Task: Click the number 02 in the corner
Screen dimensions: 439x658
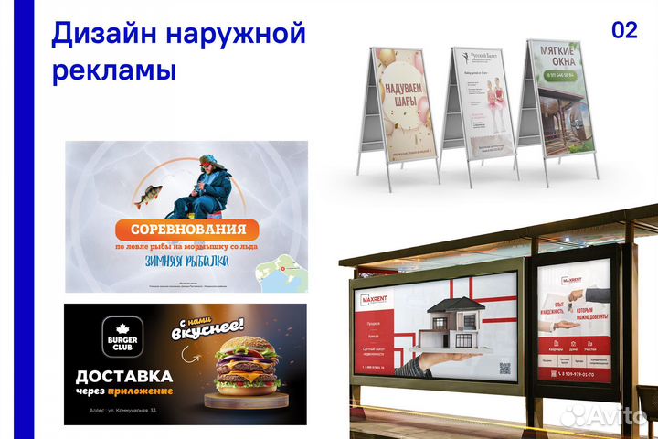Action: pyautogui.click(x=624, y=30)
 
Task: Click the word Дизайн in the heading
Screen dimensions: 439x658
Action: pyautogui.click(x=101, y=34)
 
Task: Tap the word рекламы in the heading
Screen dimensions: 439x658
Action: pyautogui.click(x=113, y=70)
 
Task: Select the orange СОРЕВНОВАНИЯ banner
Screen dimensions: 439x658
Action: pyautogui.click(x=186, y=229)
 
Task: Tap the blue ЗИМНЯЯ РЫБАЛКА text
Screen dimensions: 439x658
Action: pyautogui.click(x=186, y=262)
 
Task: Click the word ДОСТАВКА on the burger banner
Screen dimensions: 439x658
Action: pyautogui.click(x=124, y=376)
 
